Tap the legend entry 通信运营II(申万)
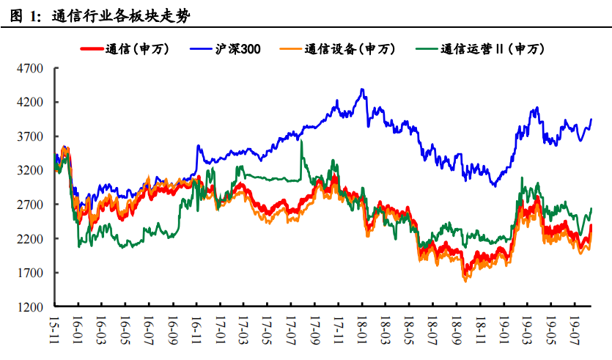click(x=493, y=49)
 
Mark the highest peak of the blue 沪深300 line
click(x=362, y=89)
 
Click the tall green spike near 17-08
click(x=301, y=141)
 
